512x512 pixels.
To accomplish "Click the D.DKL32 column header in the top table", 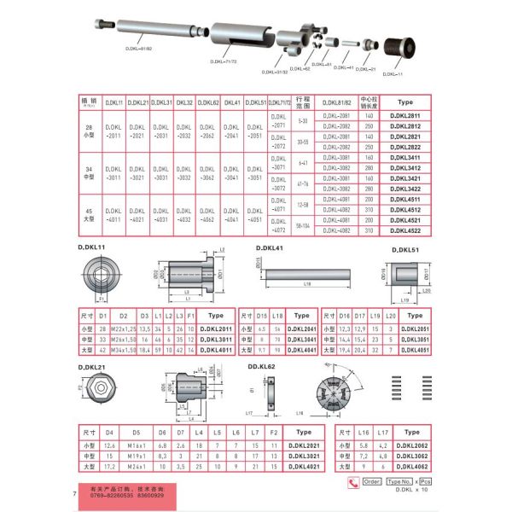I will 184,102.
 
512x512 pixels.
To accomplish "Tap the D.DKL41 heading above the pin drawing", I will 270,247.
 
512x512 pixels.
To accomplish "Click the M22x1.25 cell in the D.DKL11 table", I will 123,328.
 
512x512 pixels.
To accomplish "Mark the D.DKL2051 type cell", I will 418,328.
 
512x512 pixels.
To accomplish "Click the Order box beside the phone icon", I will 373,482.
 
